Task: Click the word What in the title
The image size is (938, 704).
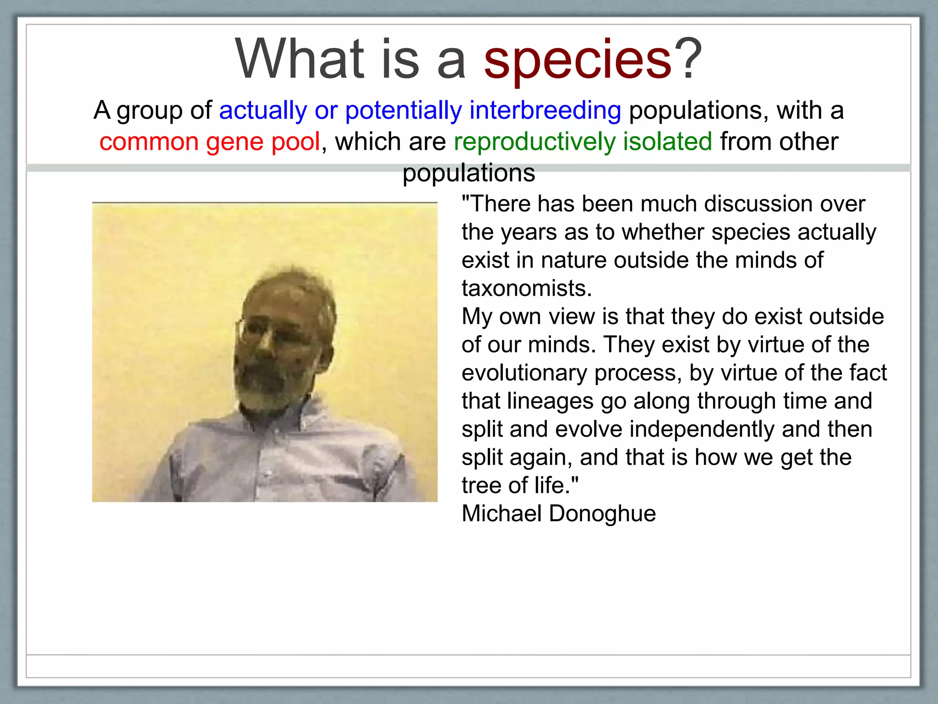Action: tap(300, 60)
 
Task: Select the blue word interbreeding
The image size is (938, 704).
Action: tap(545, 111)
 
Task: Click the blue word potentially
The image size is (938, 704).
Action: tap(404, 111)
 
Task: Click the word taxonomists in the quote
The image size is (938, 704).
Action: tap(526, 289)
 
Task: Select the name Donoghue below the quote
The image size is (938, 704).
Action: tap(602, 514)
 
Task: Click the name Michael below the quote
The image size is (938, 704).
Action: tap(502, 514)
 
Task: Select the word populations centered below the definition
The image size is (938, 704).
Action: tap(469, 173)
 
